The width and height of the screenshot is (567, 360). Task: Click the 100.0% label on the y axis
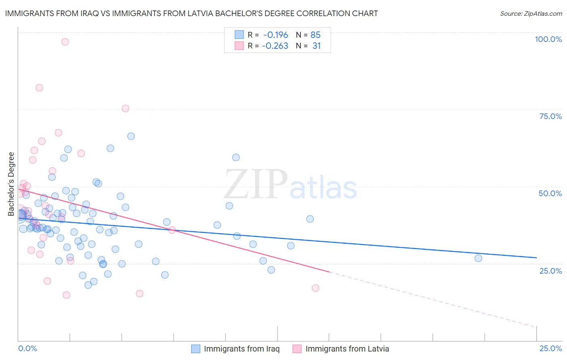pyautogui.click(x=548, y=39)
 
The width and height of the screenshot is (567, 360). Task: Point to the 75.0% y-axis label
pyautogui.click(x=550, y=116)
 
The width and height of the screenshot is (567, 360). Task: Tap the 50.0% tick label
pyautogui.click(x=550, y=193)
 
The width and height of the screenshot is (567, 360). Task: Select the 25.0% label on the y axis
pyautogui.click(x=550, y=271)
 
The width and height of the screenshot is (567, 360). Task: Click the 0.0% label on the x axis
pyautogui.click(x=27, y=348)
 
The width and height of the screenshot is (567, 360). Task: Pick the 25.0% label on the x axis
pyautogui.click(x=550, y=348)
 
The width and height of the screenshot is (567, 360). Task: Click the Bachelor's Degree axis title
pyautogui.click(x=11, y=184)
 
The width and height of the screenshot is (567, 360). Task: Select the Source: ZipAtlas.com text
pyautogui.click(x=531, y=14)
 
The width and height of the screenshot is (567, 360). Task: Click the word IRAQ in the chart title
pyautogui.click(x=78, y=13)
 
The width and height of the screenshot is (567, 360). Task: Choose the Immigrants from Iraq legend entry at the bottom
pyautogui.click(x=241, y=349)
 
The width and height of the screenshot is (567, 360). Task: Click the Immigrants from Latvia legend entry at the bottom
pyautogui.click(x=347, y=349)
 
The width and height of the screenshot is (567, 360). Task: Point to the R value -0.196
pyautogui.click(x=275, y=35)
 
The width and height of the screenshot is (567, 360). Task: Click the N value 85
pyautogui.click(x=315, y=35)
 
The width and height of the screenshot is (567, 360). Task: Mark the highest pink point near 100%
pyautogui.click(x=65, y=42)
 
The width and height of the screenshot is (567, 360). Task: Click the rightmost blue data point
pyautogui.click(x=478, y=258)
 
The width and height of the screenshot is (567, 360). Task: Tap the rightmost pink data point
pyautogui.click(x=315, y=288)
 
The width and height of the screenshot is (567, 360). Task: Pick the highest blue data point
pyautogui.click(x=131, y=136)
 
